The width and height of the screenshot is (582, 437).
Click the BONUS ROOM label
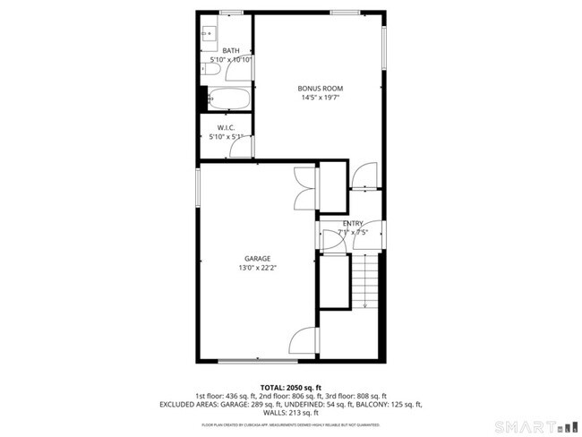tap(321, 88)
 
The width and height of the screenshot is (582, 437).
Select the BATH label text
tap(231, 50)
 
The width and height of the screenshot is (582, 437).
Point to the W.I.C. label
tap(226, 128)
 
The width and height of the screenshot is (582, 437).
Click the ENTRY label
tap(353, 223)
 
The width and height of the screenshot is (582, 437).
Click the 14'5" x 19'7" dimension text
tap(321, 98)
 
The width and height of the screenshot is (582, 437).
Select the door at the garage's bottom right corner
tap(304, 342)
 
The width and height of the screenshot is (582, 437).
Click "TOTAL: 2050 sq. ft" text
tap(290, 386)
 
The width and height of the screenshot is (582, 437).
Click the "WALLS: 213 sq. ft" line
tap(290, 413)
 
